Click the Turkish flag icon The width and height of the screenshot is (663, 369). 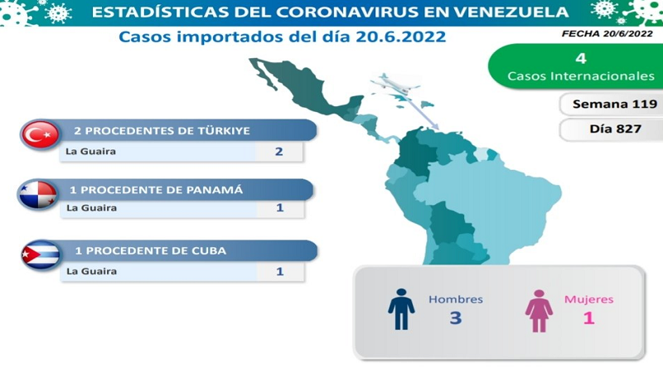(40, 134)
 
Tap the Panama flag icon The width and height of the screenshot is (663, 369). (38, 195)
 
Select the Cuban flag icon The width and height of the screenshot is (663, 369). (41, 255)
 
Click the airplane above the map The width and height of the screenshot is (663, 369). (395, 84)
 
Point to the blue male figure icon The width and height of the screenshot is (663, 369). (401, 309)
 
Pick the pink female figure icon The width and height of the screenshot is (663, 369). (539, 311)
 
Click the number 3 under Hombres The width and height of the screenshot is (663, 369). (455, 318)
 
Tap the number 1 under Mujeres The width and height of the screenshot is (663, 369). (589, 318)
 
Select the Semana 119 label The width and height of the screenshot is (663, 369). (615, 104)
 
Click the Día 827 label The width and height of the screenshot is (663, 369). (615, 129)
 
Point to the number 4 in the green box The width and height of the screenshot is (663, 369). (581, 58)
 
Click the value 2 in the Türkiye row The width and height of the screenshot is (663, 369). (278, 152)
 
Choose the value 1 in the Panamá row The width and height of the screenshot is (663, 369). (279, 208)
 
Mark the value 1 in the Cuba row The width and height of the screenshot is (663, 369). (279, 271)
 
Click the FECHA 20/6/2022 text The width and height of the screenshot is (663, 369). (607, 34)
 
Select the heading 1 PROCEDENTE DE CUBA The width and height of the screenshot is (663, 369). (151, 251)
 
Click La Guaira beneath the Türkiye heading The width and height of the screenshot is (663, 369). (90, 152)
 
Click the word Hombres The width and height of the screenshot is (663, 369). (455, 299)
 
